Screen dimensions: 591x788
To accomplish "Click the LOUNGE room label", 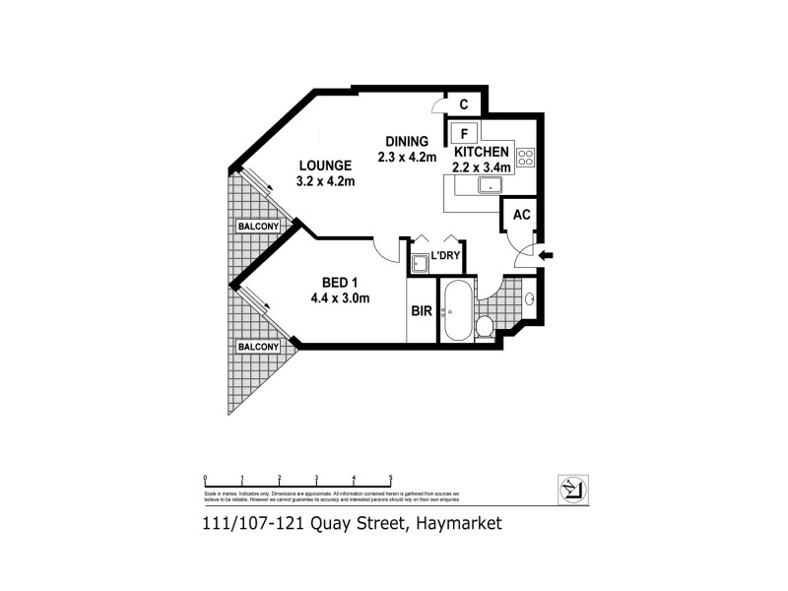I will (324, 165).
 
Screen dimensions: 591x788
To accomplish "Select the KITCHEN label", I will (481, 152).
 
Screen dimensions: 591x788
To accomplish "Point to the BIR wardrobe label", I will (421, 310).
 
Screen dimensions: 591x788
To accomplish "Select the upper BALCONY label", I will (257, 227).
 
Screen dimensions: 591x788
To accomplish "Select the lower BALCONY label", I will (257, 347).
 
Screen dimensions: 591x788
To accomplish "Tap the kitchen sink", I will (489, 184).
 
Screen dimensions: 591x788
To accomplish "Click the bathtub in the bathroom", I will (455, 310).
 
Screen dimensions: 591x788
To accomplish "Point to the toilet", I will (485, 326).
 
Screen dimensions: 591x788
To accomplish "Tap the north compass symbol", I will (572, 488).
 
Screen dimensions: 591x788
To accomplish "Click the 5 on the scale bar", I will (391, 477).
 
